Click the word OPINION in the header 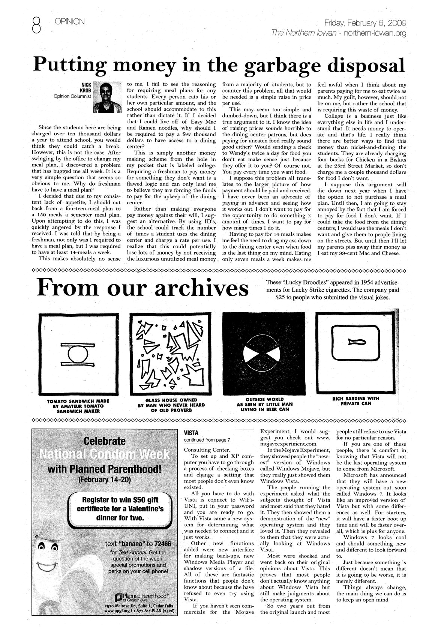coord(70,22)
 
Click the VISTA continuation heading coord(191,432)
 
